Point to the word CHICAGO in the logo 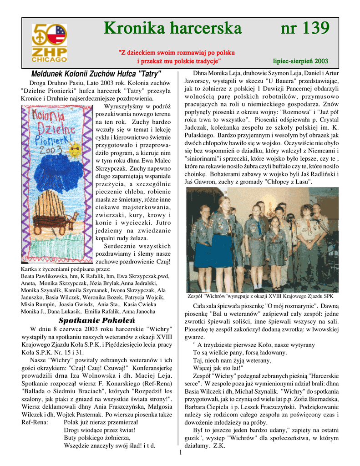[49, 59]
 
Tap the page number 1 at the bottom [180, 452]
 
